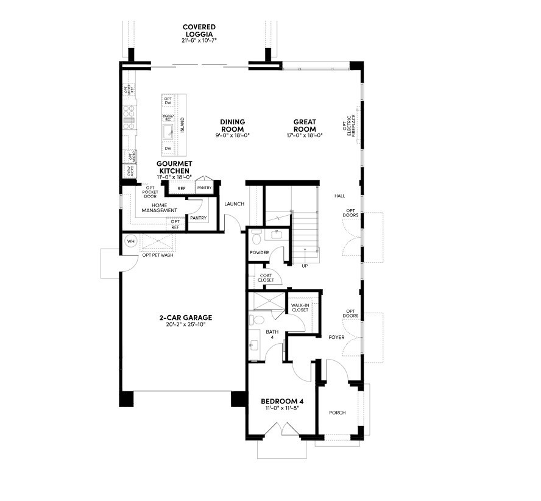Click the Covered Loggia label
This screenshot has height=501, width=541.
tap(199, 27)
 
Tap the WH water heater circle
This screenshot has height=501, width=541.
tap(130, 241)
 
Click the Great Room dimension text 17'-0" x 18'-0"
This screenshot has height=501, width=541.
tap(304, 135)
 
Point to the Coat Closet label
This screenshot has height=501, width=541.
tap(266, 278)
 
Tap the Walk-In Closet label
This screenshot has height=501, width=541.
tap(299, 307)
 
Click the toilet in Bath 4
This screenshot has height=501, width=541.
tap(256, 319)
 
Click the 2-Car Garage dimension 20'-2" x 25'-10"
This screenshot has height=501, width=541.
tap(182, 325)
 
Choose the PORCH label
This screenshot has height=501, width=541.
tap(337, 413)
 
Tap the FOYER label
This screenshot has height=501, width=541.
tap(336, 336)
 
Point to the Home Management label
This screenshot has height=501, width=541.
tap(160, 208)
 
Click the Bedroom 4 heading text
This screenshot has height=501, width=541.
tap(282, 401)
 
